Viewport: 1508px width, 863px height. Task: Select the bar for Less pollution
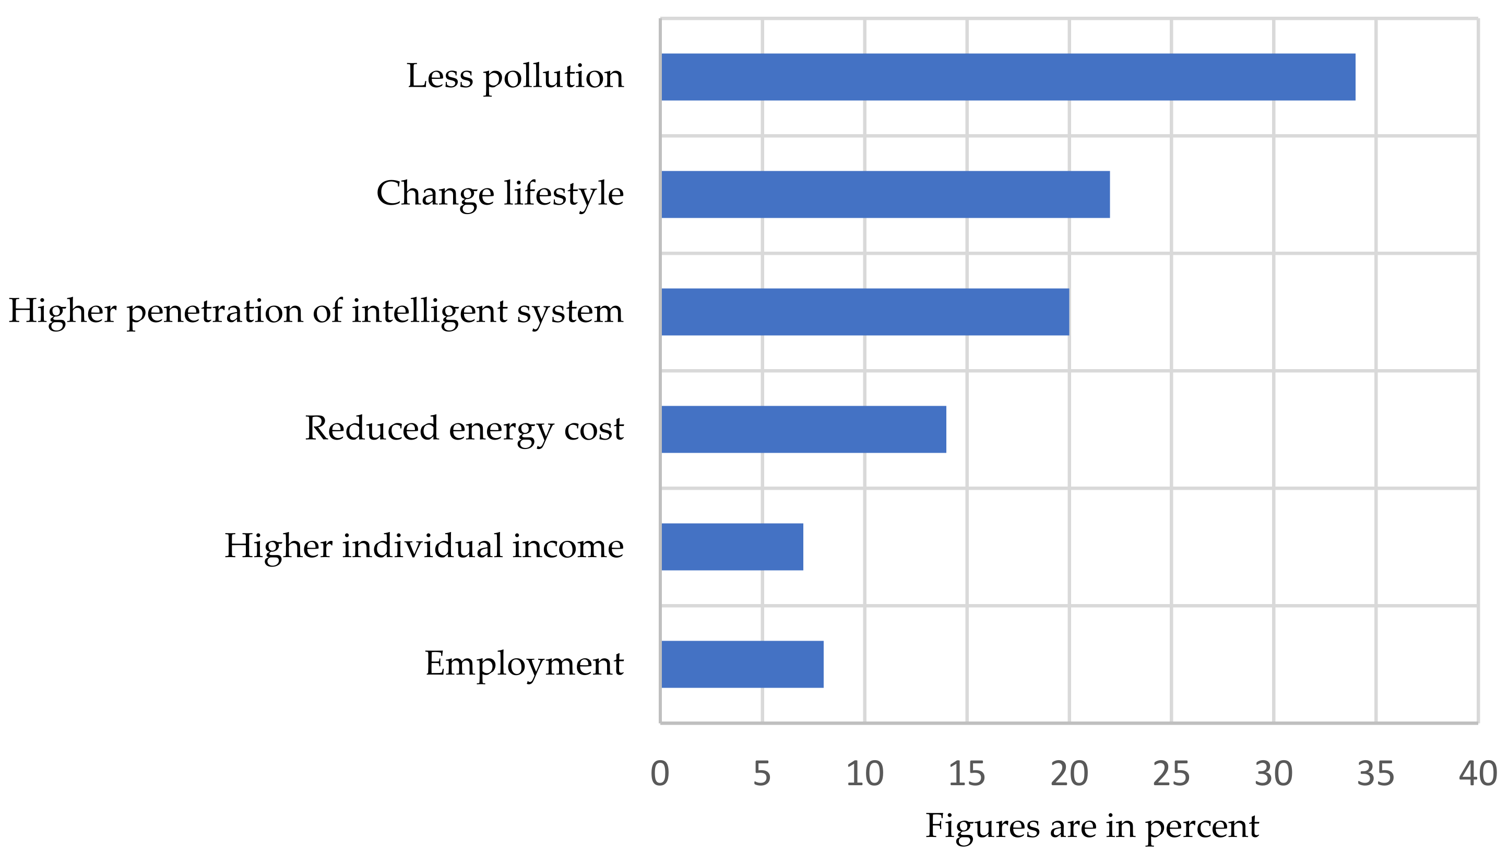click(1007, 77)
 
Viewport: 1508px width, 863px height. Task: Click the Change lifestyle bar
click(885, 194)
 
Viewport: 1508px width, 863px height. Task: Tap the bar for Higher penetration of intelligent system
click(865, 312)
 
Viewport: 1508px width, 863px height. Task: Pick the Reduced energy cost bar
click(803, 429)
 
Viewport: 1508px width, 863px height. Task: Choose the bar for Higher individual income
click(732, 547)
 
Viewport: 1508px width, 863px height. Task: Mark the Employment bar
click(742, 664)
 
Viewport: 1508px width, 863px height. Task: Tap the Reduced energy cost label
click(464, 429)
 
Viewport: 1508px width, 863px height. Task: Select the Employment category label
click(524, 664)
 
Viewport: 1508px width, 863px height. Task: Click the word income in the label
click(567, 547)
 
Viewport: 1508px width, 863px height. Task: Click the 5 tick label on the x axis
click(762, 774)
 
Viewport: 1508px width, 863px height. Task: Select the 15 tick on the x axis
click(966, 774)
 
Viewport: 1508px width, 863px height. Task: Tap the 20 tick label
click(1069, 774)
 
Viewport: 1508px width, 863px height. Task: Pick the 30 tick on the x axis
click(1273, 774)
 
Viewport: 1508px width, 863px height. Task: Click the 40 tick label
click(1478, 774)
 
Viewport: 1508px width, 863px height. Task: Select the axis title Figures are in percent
click(1091, 826)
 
